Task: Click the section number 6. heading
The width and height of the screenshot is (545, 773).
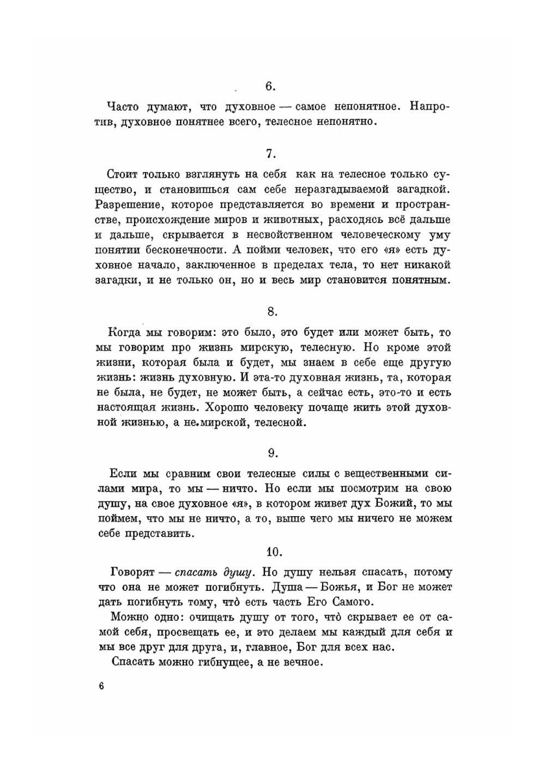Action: tap(270, 86)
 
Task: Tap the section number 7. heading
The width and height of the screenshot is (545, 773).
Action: tap(271, 154)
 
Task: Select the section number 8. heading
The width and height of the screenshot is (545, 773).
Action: tap(272, 311)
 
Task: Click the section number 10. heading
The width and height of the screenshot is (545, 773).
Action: tap(274, 552)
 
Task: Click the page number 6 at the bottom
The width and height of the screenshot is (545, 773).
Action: tap(101, 686)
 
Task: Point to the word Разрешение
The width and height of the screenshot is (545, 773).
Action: tap(129, 205)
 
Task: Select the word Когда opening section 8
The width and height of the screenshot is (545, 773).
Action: tap(125, 332)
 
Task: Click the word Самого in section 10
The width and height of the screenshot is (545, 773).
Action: tap(352, 602)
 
